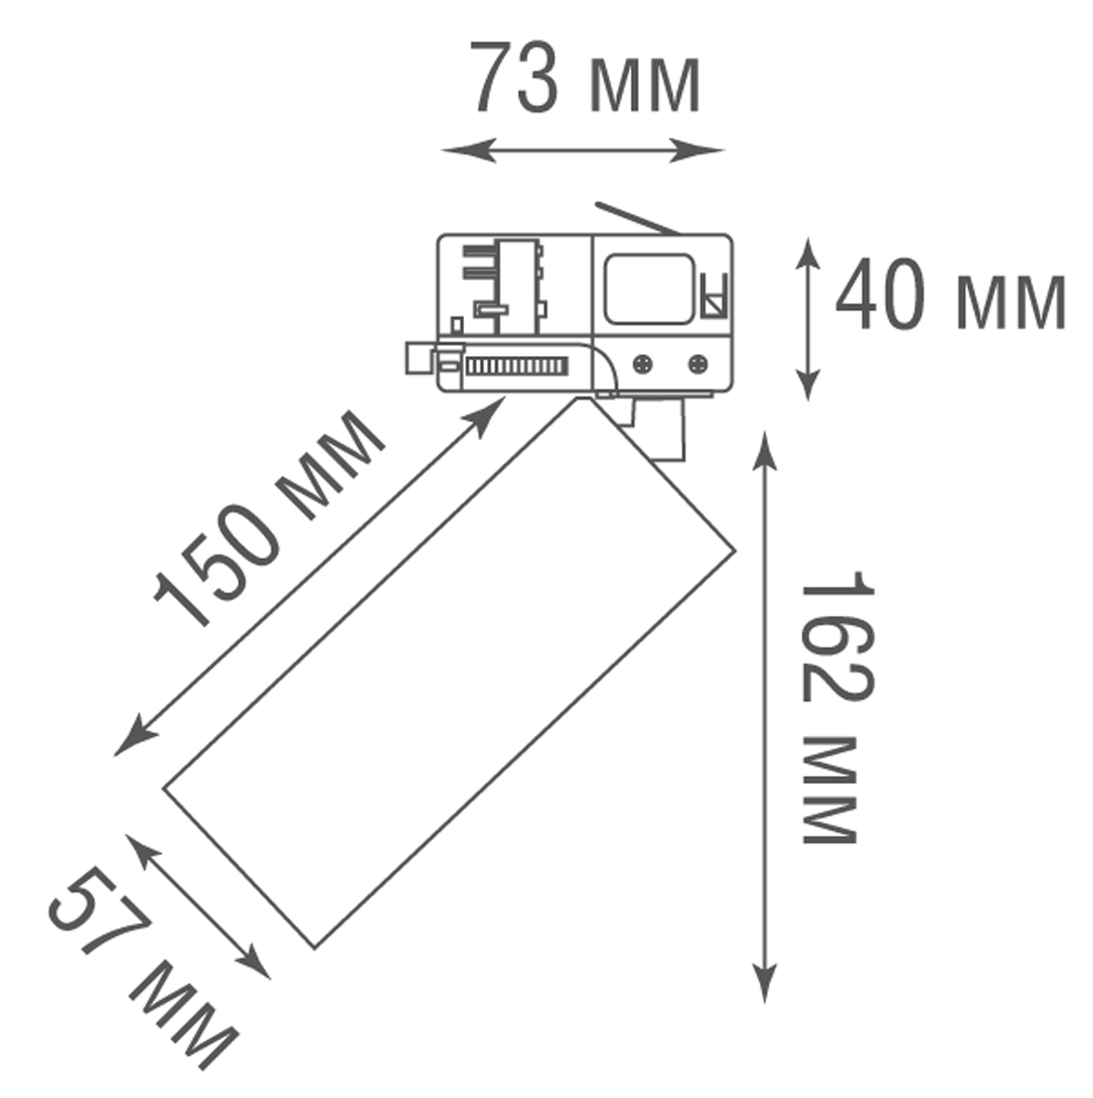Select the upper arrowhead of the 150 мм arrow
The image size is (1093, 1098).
pos(493,408)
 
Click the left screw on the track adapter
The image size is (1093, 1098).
pos(644,363)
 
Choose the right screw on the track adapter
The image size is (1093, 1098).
pos(698,363)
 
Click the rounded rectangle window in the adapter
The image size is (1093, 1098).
pos(648,289)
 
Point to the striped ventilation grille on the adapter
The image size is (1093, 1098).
pos(516,367)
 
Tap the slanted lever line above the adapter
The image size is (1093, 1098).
pos(636,218)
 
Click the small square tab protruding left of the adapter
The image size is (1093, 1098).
pos(417,358)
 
